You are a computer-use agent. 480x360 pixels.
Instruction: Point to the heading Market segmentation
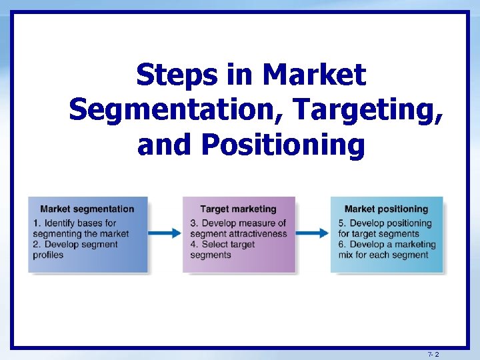coord(87,209)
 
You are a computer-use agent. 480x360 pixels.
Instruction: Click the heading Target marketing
coord(238,209)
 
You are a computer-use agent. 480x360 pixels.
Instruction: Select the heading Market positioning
coord(386,209)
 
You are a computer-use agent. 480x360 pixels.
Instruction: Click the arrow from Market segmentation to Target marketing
coord(165,233)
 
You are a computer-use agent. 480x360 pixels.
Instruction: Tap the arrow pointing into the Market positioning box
coord(312,233)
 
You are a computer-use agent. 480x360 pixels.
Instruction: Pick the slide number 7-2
coord(433,355)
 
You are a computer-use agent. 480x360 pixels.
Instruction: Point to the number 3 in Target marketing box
coord(193,223)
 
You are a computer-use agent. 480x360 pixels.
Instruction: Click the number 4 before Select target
coord(193,245)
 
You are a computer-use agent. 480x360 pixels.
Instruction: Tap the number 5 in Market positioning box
coord(341,223)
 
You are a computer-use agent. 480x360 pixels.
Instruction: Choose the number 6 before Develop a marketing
coord(341,245)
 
